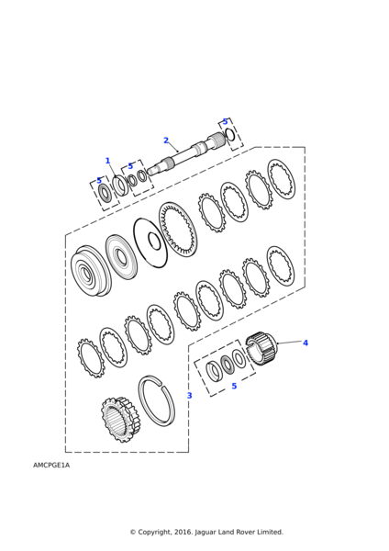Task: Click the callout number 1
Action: point(107,161)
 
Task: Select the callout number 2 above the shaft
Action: point(166,141)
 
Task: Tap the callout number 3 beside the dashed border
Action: point(190,395)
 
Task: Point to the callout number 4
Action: point(306,343)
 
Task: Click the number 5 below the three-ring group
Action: point(234,386)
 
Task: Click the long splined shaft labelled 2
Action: point(186,154)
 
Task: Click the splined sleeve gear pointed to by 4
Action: point(262,348)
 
